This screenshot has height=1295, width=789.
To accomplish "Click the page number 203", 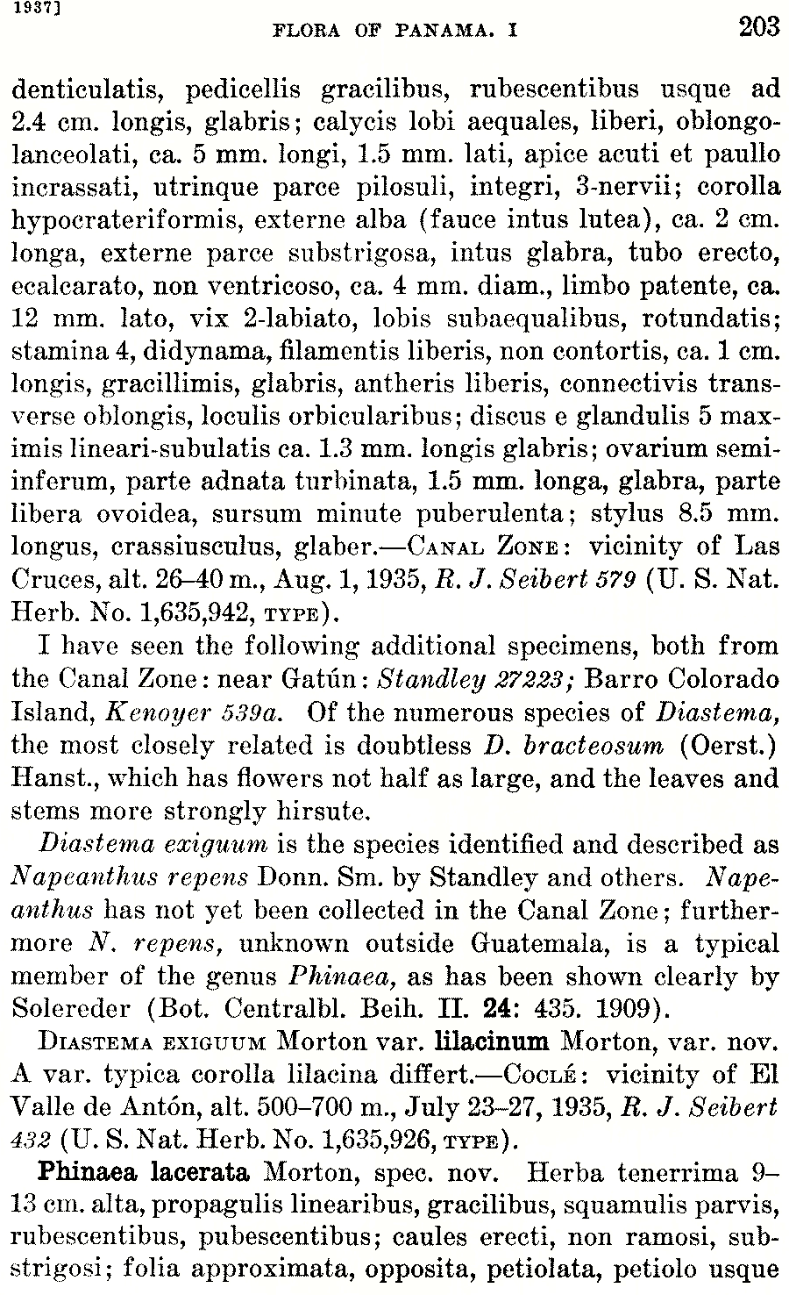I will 758,27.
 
